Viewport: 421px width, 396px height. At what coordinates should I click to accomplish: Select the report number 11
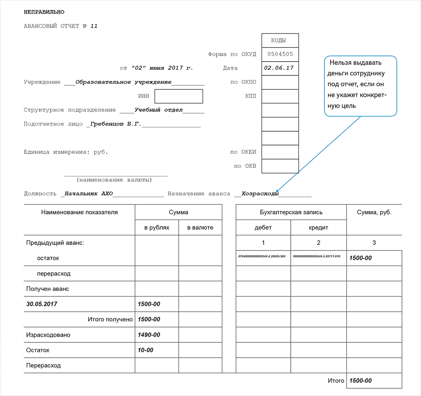click(x=94, y=26)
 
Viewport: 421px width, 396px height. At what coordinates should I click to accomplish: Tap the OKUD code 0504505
click(x=280, y=54)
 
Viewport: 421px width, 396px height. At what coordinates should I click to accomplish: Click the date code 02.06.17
click(x=279, y=68)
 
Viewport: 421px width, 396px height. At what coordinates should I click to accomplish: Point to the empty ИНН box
click(x=178, y=96)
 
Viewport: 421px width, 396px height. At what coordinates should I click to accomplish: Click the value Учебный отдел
click(x=159, y=110)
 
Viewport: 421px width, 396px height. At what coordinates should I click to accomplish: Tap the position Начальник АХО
click(x=89, y=194)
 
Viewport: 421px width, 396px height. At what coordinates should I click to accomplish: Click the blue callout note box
click(x=360, y=86)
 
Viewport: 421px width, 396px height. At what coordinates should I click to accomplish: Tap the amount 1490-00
click(x=149, y=335)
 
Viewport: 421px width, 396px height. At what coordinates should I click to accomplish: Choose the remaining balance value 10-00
click(x=146, y=350)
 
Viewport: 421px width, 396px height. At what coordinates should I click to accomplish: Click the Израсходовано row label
click(x=48, y=335)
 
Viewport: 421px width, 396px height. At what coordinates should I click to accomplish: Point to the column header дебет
click(x=263, y=228)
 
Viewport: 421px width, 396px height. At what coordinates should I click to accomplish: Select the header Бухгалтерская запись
click(x=291, y=212)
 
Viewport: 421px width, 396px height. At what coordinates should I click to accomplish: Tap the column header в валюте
click(x=200, y=228)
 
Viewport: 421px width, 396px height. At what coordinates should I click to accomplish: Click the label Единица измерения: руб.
click(x=66, y=152)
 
